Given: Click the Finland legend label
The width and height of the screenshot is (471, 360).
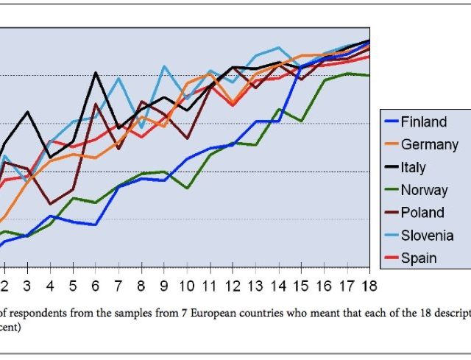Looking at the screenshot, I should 423,122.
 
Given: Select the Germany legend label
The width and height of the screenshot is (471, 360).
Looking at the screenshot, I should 429,145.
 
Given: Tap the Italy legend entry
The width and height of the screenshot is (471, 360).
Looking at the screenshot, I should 413,168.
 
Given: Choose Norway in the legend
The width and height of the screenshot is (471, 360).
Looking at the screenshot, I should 424,190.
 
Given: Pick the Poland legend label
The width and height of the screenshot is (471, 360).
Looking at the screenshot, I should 422,213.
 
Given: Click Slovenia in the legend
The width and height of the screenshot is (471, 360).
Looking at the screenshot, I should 427,236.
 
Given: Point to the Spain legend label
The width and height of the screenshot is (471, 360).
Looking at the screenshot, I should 419,258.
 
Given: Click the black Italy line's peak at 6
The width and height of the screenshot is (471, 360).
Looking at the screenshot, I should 96,72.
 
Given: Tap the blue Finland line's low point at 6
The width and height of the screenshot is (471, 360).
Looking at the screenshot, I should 96,225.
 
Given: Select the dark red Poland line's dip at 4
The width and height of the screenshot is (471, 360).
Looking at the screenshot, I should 50,204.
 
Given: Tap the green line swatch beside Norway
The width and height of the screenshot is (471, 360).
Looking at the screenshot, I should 390,191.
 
